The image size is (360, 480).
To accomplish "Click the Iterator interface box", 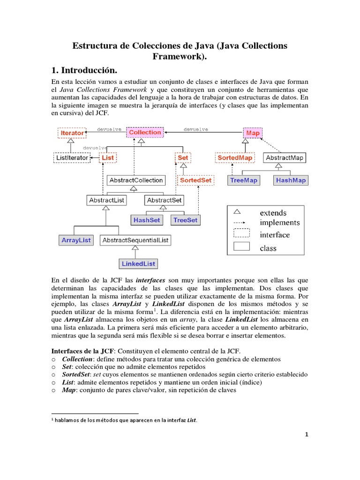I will (72, 133).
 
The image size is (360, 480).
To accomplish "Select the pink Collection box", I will (145, 133).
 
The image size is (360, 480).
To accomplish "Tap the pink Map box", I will (253, 133).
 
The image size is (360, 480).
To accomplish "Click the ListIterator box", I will (72, 158).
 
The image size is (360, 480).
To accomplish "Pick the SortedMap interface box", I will (235, 158).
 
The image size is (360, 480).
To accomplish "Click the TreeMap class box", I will (244, 180).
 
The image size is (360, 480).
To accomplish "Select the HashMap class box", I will (291, 180).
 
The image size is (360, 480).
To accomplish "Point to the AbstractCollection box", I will (135, 180).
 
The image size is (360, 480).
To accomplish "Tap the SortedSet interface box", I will (195, 180).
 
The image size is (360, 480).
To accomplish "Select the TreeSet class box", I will (186, 219).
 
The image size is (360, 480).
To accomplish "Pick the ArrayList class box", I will (76, 240).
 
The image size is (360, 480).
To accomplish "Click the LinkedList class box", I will (138, 264).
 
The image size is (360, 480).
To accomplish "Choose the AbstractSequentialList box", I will (135, 240).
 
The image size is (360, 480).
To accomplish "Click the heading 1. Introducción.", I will (83, 70).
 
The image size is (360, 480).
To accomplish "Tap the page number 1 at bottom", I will (307, 435).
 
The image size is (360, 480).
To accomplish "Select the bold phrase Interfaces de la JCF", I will (82, 351).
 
